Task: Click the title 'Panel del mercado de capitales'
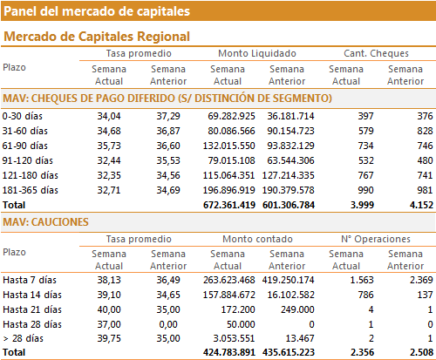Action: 97,11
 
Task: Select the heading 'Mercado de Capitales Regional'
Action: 97,37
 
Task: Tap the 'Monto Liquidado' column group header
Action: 257,53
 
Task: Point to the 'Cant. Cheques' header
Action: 376,53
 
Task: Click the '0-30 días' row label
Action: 23,116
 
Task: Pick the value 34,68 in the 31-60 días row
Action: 109,131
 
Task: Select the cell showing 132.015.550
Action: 229,146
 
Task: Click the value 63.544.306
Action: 290,160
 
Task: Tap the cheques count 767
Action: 365,175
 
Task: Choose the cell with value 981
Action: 425,190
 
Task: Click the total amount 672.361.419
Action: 229,205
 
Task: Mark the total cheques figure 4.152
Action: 421,205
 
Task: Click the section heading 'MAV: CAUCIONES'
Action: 45,222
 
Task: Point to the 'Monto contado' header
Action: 257,239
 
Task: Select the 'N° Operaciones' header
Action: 376,239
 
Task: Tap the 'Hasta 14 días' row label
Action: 32,295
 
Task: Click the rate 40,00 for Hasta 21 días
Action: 109,309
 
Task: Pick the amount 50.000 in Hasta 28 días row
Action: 241,324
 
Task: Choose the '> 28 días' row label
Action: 24,338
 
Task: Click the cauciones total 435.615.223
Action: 289,352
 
